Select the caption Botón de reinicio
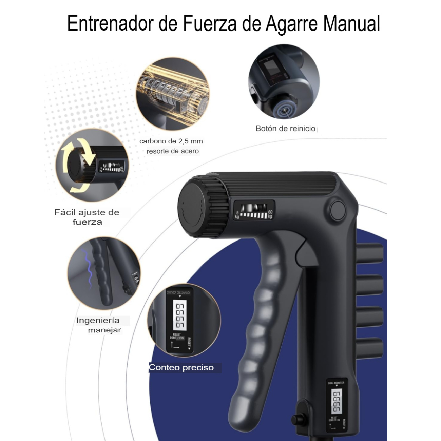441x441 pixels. (x=285, y=129)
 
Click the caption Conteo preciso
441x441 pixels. (x=181, y=368)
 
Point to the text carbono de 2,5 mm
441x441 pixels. (x=171, y=141)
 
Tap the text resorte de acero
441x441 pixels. (x=172, y=151)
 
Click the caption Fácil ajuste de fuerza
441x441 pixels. (x=87, y=217)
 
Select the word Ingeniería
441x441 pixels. (x=98, y=320)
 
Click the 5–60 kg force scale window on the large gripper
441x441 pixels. (x=254, y=210)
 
